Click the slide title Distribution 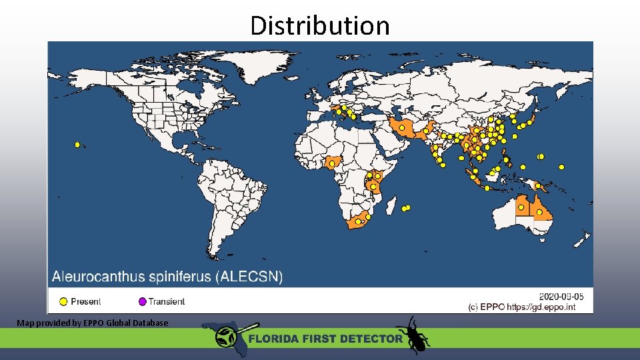click(x=319, y=25)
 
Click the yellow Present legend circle click(x=64, y=301)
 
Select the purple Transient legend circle click(x=142, y=301)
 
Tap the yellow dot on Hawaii click(x=77, y=144)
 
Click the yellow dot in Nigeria click(x=332, y=163)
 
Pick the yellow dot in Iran click(x=402, y=127)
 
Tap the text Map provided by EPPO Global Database click(x=93, y=323)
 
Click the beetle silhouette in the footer click(x=412, y=335)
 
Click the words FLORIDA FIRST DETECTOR click(x=325, y=339)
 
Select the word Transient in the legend click(x=167, y=301)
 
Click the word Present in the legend click(x=86, y=301)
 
